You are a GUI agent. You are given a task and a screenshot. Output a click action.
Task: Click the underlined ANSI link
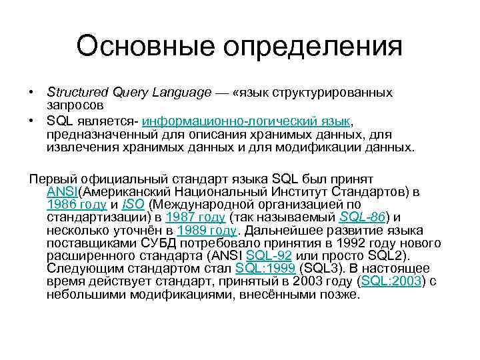[63, 192]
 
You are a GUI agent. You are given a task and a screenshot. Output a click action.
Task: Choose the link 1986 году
[77, 205]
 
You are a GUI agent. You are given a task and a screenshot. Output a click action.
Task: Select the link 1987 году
[195, 217]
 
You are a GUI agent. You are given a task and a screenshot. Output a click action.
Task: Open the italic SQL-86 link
[362, 217]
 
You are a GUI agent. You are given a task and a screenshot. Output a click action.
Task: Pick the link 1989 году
[207, 230]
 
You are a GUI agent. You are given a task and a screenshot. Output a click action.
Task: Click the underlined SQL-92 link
[269, 255]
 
